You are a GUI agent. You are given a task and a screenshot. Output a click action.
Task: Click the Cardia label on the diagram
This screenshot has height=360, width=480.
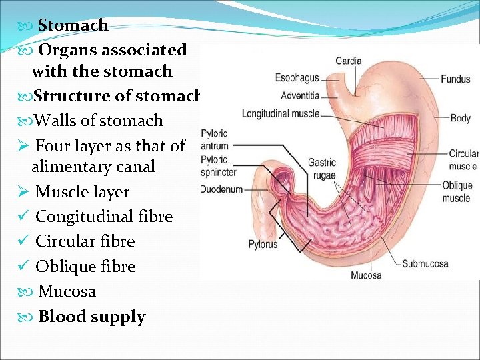tap(348, 61)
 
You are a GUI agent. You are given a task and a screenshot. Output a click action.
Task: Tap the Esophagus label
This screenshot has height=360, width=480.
tap(297, 79)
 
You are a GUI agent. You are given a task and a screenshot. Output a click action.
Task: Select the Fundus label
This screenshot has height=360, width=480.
tap(455, 79)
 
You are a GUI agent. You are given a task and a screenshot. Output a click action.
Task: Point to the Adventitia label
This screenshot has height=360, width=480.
tap(300, 95)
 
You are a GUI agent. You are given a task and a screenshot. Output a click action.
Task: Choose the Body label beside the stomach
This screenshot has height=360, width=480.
tap(460, 118)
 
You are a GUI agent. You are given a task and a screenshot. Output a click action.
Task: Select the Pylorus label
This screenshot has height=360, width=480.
tap(263, 244)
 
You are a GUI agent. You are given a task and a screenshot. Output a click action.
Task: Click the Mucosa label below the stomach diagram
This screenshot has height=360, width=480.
tap(366, 275)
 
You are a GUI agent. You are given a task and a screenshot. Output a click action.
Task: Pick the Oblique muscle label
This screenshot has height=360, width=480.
tap(457, 191)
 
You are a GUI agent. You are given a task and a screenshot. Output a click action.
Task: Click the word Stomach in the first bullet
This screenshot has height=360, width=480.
tap(73, 25)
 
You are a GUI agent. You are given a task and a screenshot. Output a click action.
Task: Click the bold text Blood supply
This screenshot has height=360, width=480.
tap(91, 317)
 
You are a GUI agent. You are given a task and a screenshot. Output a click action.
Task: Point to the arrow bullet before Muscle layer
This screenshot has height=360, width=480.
tap(23, 192)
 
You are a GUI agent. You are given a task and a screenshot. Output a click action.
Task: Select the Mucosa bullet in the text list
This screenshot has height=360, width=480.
tap(67, 291)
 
